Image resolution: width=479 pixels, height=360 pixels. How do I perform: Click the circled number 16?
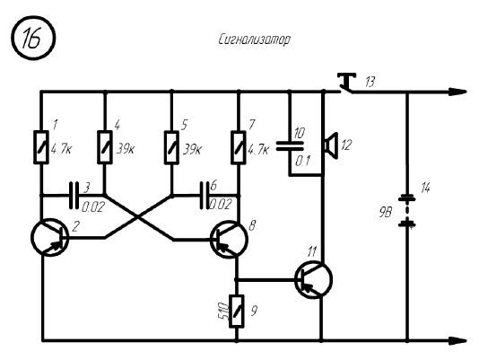tap(33, 38)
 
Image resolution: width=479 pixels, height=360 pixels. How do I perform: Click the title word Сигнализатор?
tap(254, 40)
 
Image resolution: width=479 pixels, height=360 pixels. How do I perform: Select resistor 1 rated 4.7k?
tap(41, 147)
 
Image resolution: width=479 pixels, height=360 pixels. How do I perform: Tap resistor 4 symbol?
tap(105, 147)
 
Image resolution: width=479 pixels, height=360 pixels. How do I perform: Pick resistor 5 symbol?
tap(171, 147)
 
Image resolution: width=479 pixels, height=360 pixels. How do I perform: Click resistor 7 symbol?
tap(239, 147)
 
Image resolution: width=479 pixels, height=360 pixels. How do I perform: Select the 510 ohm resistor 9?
tap(237, 312)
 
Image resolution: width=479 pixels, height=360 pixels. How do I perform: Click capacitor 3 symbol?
tap(74, 196)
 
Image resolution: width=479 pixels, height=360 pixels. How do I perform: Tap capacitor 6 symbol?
tap(205, 196)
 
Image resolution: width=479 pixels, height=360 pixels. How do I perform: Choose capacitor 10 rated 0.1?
tap(290, 145)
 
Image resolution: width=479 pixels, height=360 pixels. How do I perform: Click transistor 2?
tap(50, 237)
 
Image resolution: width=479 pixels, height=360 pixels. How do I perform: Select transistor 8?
tap(229, 240)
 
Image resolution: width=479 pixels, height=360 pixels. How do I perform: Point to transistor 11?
tap(313, 279)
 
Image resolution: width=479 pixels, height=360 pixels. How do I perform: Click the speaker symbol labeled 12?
tap(331, 145)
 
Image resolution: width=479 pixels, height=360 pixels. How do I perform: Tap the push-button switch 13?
tap(347, 83)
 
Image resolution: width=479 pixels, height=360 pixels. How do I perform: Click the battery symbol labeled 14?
tap(407, 212)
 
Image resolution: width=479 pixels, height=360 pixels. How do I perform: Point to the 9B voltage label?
tap(385, 212)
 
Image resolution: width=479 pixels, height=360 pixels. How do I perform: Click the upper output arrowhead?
tap(457, 92)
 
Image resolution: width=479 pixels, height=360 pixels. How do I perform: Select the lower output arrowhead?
tap(457, 340)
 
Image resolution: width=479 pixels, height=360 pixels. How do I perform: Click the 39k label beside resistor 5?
tap(192, 149)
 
